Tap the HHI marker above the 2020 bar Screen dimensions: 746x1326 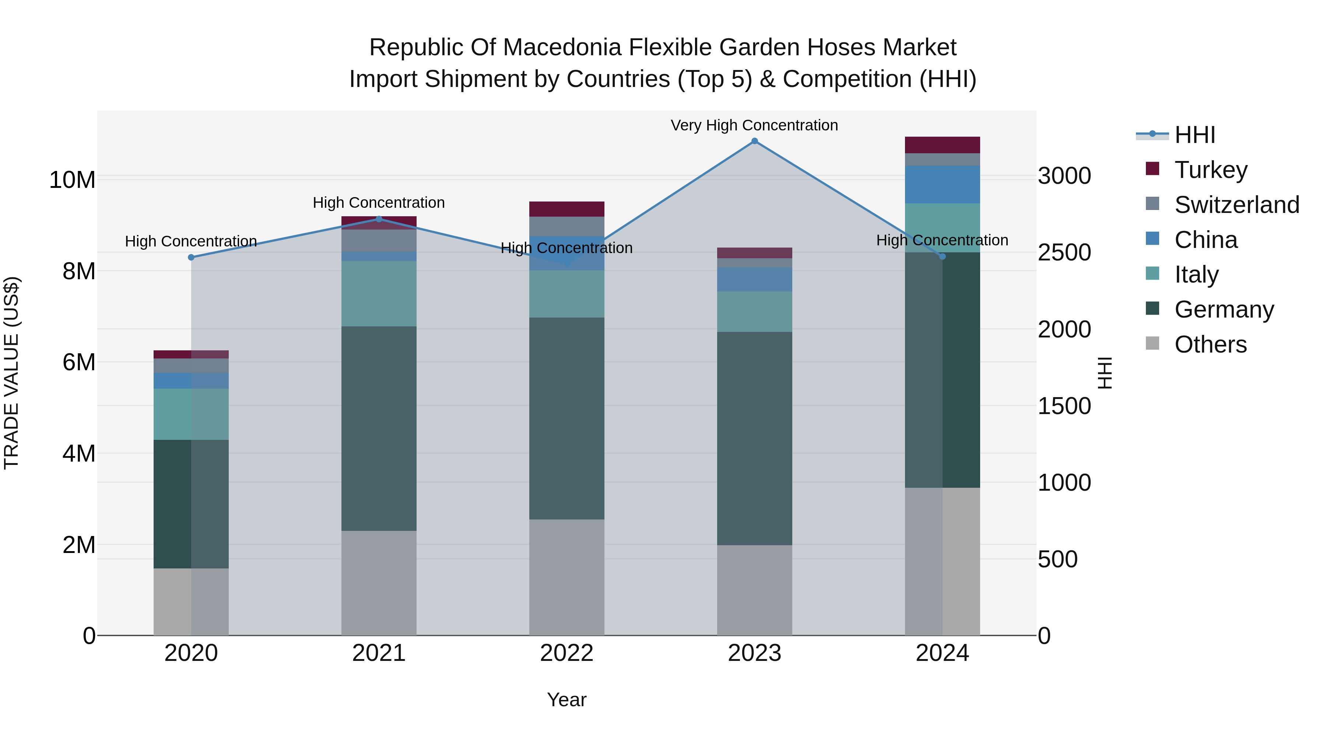(x=191, y=258)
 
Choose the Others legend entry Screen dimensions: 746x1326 (x=1210, y=344)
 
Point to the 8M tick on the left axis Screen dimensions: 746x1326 (x=79, y=271)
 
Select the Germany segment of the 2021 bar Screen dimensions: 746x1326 (x=379, y=428)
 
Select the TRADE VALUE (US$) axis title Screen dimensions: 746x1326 (x=11, y=373)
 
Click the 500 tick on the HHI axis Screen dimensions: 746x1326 (x=1058, y=559)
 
